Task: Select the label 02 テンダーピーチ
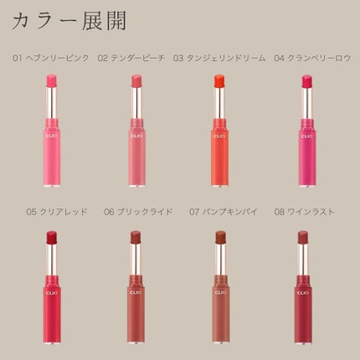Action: coord(131,59)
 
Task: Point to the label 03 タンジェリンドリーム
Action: coord(219,59)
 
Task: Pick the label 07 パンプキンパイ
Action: coord(219,212)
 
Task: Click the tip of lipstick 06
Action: coord(136,237)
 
